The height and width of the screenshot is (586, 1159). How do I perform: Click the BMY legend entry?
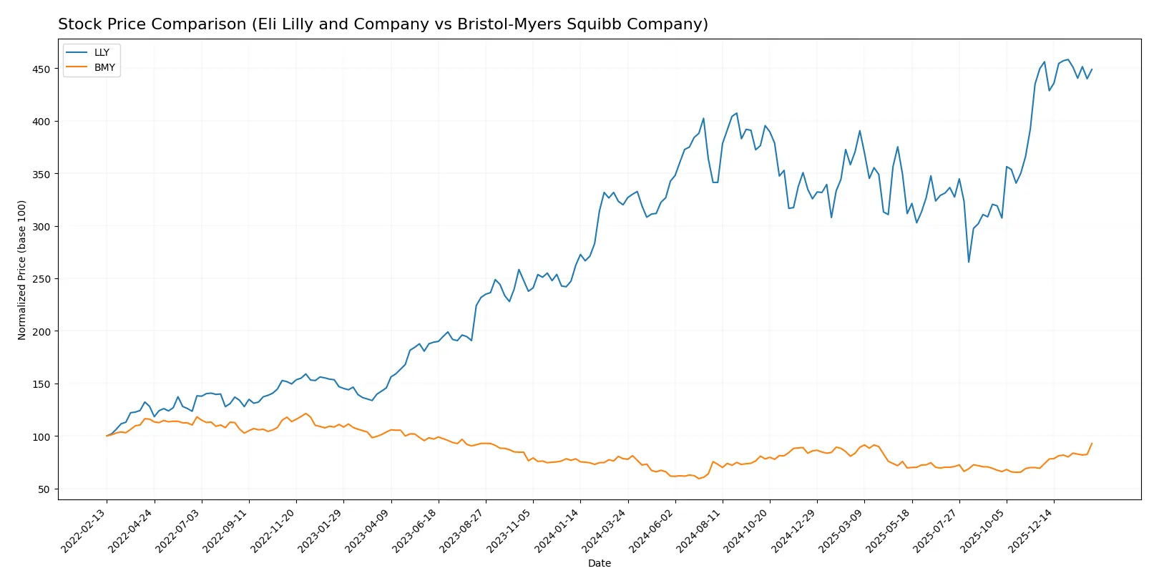coord(104,67)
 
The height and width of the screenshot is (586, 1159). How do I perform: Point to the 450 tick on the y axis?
coord(41,69)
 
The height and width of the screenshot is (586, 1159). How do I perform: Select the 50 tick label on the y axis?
coord(44,489)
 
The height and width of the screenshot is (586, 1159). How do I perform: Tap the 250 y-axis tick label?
coord(41,279)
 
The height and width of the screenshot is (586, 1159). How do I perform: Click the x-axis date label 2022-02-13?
coord(84,530)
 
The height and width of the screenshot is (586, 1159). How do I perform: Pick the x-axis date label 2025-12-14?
coord(1031,530)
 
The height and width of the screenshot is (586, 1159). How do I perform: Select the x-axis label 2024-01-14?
coord(557,530)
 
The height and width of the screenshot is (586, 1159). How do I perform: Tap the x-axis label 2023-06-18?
coord(415,530)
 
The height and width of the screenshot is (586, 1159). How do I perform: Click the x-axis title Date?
coord(599,563)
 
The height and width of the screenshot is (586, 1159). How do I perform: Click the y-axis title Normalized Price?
coord(22,270)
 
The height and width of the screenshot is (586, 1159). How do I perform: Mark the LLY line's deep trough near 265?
coord(969,262)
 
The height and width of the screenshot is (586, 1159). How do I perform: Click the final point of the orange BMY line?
coord(1092,444)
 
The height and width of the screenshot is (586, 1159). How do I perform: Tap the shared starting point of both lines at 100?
coord(107,436)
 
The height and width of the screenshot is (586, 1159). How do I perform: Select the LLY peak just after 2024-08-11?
coord(737,113)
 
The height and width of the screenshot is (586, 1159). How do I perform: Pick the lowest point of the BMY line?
coord(699,478)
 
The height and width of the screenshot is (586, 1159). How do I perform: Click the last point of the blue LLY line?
coord(1092,70)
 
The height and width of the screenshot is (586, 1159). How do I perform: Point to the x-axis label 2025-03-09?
coord(841,530)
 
